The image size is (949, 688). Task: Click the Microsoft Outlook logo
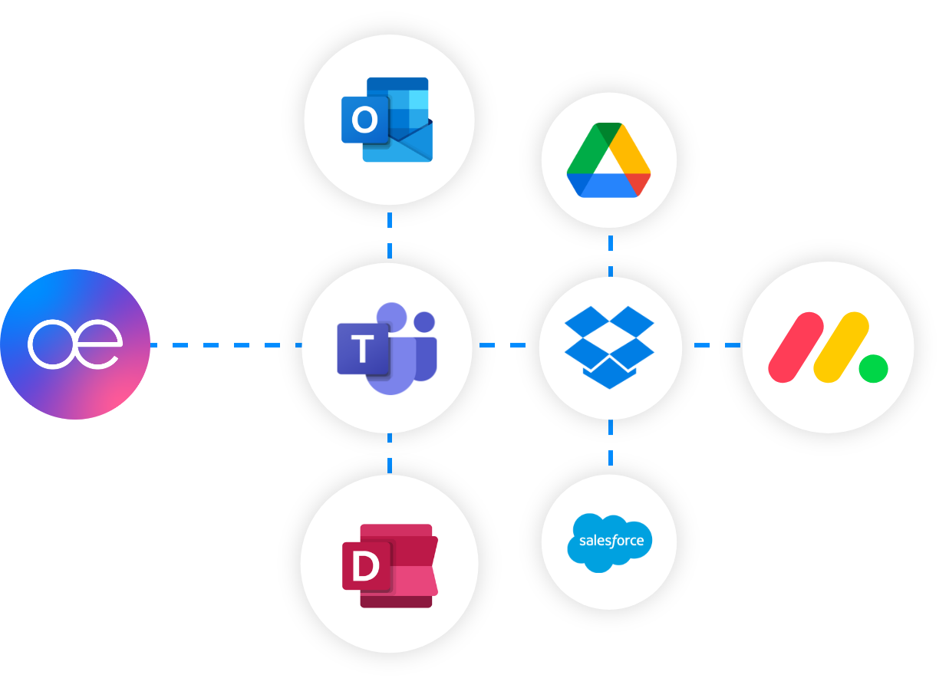pyautogui.click(x=387, y=119)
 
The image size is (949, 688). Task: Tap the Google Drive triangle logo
pyautogui.click(x=609, y=161)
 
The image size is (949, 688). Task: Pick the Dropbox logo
pyautogui.click(x=609, y=347)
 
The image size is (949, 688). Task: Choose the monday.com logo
pyautogui.click(x=827, y=347)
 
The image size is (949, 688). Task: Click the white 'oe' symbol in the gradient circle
pyautogui.click(x=74, y=345)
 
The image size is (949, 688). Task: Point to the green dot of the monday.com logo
pyautogui.click(x=874, y=369)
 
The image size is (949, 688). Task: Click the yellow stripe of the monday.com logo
pyautogui.click(x=841, y=347)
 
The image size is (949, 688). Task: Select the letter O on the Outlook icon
pyautogui.click(x=364, y=120)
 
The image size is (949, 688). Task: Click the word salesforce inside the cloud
pyautogui.click(x=611, y=541)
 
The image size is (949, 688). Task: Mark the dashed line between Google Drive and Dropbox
pyautogui.click(x=611, y=255)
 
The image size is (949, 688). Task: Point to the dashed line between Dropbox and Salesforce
pyautogui.click(x=611, y=443)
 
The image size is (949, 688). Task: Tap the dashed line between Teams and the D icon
pyautogui.click(x=390, y=453)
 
